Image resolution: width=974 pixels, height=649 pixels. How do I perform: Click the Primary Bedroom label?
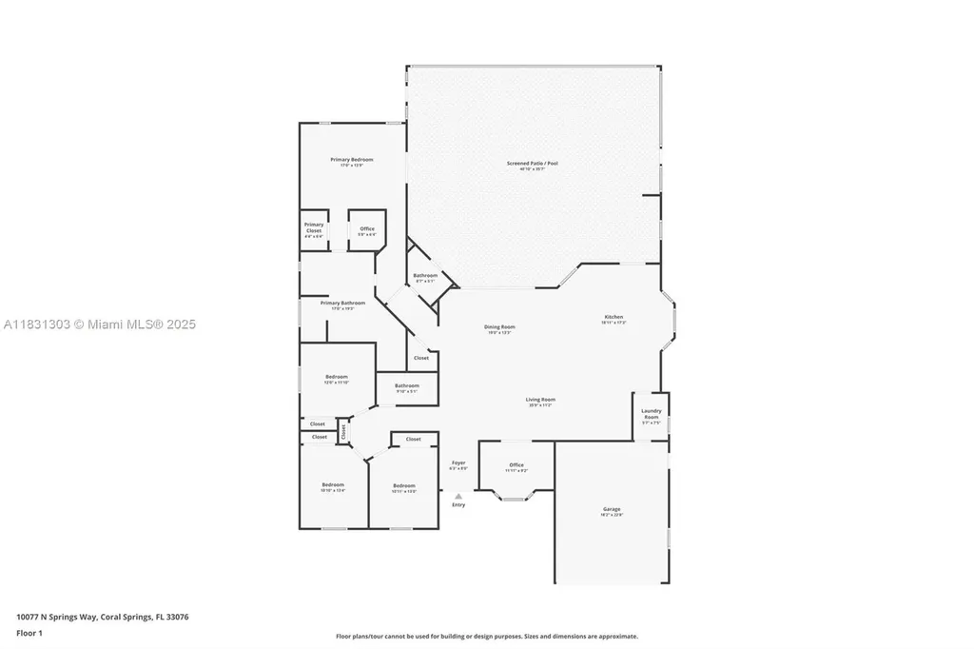click(x=351, y=160)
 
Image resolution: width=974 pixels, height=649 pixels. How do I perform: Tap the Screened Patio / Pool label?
click(x=532, y=164)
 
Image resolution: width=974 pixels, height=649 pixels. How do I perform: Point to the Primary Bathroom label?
click(x=348, y=304)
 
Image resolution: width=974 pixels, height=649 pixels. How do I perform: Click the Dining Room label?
click(x=499, y=327)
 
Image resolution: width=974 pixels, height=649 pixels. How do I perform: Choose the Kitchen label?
click(x=614, y=318)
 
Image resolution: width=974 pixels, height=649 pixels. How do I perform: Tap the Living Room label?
click(x=541, y=400)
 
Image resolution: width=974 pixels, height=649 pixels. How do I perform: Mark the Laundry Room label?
click(x=651, y=414)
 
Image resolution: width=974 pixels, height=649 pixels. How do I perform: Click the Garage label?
click(x=611, y=510)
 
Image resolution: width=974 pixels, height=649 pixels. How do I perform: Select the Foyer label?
click(x=458, y=463)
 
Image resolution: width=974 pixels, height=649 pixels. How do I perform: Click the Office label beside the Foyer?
click(x=516, y=465)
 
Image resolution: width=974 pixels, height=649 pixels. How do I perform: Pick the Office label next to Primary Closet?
click(x=366, y=229)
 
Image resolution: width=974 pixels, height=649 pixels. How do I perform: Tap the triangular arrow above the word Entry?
click(x=458, y=496)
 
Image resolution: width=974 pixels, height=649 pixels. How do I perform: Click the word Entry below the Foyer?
click(x=458, y=505)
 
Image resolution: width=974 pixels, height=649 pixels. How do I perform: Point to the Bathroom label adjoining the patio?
click(x=424, y=276)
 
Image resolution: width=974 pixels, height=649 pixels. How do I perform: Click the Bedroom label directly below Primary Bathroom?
click(x=337, y=377)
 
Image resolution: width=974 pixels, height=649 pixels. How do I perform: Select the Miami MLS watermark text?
click(x=99, y=324)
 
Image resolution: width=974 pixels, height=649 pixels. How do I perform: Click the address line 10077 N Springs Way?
click(x=102, y=617)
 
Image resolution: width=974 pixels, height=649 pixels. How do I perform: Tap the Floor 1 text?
click(x=29, y=632)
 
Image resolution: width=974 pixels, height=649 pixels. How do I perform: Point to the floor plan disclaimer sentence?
click(x=486, y=637)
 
